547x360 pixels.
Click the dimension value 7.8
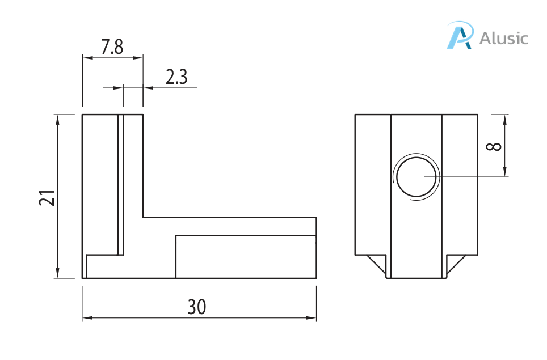[x=112, y=47]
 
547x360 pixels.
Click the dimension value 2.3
[x=176, y=77]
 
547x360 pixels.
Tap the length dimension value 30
[x=197, y=307]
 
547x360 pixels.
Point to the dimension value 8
[x=494, y=146]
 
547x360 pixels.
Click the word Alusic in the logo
[x=504, y=39]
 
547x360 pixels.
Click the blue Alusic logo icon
[x=460, y=35]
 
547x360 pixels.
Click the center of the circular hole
[x=416, y=177]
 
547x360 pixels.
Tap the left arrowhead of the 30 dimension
[x=87, y=318]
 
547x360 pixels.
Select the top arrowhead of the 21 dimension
[x=57, y=118]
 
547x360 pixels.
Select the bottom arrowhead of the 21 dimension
[x=57, y=274]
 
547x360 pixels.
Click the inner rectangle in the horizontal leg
[x=246, y=257]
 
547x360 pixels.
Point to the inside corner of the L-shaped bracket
[x=143, y=217]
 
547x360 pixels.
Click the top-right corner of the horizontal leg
[x=316, y=217]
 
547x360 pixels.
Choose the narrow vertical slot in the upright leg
[x=121, y=184]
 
